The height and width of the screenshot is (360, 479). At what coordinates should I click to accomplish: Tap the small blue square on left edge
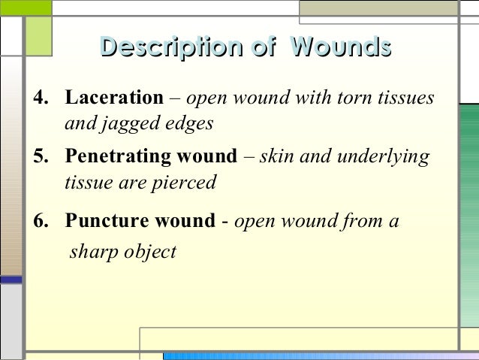11,280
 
